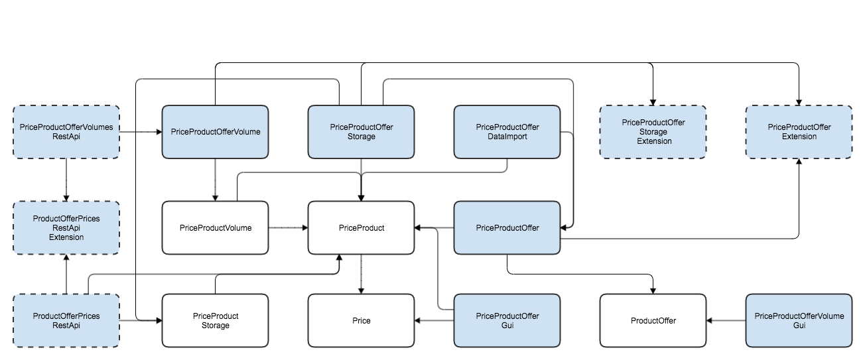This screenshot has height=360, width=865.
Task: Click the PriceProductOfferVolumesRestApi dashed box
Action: (x=66, y=132)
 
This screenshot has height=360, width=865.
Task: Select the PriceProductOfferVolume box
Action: (x=216, y=132)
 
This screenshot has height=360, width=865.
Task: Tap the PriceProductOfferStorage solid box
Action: (x=361, y=132)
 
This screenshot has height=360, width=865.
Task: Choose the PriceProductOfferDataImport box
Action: (x=507, y=132)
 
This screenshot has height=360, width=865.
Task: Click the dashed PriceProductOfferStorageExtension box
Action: (x=653, y=132)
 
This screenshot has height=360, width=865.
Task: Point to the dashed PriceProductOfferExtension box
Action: (x=799, y=132)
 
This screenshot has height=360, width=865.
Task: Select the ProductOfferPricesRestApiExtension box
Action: (x=66, y=227)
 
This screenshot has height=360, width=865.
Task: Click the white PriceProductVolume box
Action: (x=216, y=227)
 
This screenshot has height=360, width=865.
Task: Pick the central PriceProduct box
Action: (x=361, y=227)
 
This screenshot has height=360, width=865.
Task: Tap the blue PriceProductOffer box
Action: (x=507, y=227)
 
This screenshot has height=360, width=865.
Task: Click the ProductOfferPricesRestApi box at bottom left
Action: (x=66, y=321)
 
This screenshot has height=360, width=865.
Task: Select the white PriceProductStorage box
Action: (x=216, y=321)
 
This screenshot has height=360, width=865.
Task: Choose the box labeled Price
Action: (x=361, y=321)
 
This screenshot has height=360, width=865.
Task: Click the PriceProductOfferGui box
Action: (x=507, y=321)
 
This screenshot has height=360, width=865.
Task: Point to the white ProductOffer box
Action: (x=653, y=321)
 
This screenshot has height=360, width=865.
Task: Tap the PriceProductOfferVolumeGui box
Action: (x=799, y=321)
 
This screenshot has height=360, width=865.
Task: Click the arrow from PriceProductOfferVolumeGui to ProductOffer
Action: (x=726, y=321)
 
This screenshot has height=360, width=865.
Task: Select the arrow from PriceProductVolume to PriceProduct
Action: (x=289, y=227)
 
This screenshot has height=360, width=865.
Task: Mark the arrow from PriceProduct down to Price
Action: (x=361, y=274)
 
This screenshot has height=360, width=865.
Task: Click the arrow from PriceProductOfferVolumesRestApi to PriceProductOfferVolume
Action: (x=141, y=132)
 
